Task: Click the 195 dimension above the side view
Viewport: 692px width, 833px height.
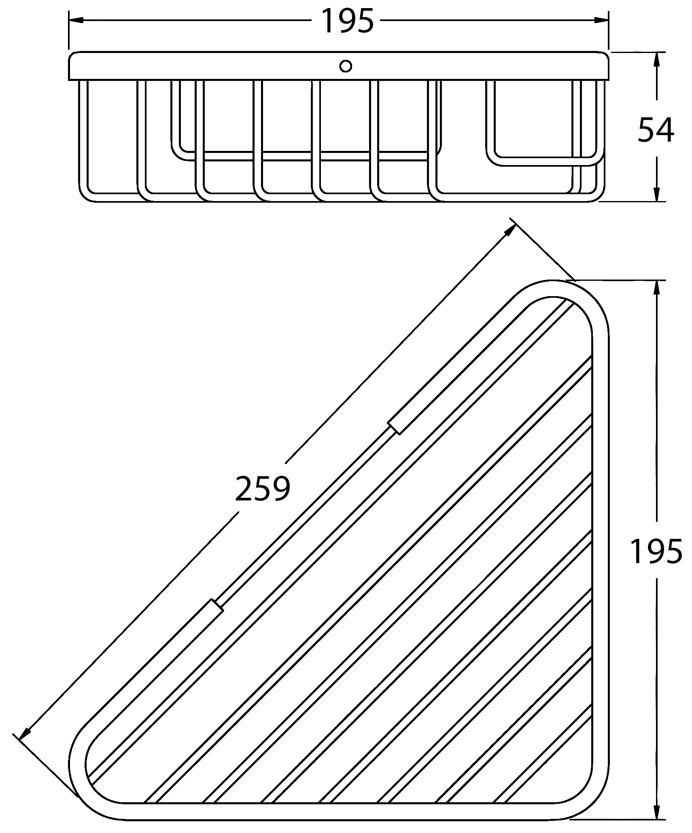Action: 347,21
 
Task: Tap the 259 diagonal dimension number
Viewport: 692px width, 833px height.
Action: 263,488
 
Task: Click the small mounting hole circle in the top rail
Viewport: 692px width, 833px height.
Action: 346,66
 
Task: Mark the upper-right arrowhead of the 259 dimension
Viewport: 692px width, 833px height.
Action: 509,230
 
